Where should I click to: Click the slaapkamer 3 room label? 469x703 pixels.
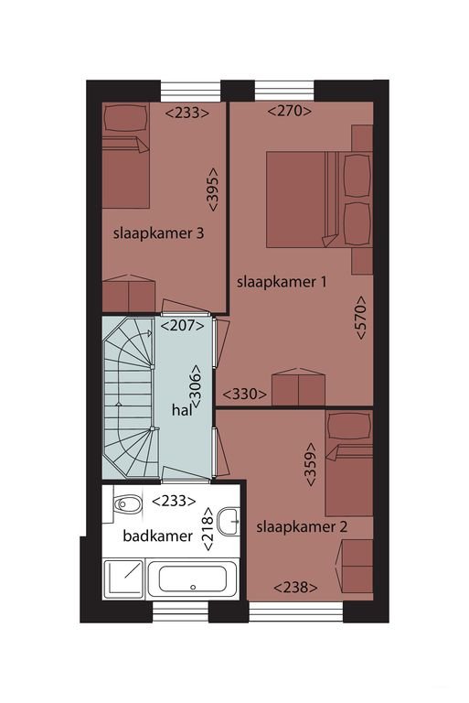point(158,233)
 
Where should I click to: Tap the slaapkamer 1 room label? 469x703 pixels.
point(282,282)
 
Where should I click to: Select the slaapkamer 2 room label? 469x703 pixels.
point(302,527)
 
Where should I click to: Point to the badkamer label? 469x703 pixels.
point(157,535)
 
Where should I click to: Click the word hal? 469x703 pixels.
point(182,410)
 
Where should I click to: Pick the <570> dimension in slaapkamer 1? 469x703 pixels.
point(361,318)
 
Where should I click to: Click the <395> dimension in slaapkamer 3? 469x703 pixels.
point(212,189)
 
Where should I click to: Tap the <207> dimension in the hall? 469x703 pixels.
point(182,326)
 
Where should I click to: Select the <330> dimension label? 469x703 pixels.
point(245,395)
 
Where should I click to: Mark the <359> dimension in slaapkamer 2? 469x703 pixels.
point(311,464)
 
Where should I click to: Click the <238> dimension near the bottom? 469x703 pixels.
point(295,587)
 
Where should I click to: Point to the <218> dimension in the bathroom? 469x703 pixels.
point(208,529)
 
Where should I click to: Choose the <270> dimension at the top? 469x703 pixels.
point(290,110)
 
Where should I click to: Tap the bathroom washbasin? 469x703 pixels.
point(229,522)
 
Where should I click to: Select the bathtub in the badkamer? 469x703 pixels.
point(193,579)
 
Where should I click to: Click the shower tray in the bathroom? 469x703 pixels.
point(123,579)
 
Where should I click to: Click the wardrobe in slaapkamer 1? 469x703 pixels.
point(298,387)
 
